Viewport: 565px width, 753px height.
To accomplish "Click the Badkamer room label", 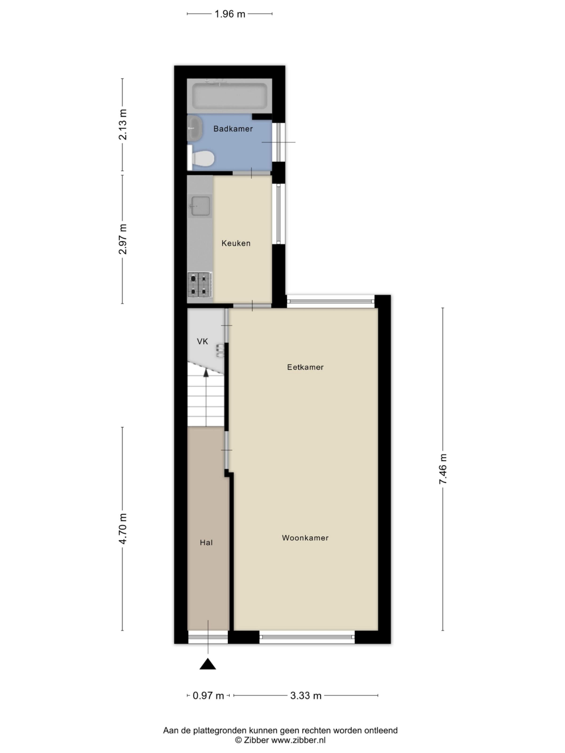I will pyautogui.click(x=233, y=129).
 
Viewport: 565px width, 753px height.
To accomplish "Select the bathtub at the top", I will pyautogui.click(x=230, y=96).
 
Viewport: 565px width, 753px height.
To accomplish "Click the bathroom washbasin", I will pyautogui.click(x=195, y=128).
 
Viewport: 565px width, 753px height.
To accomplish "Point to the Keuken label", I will pyautogui.click(x=236, y=243).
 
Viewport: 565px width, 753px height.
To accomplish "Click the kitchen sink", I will pyautogui.click(x=200, y=206).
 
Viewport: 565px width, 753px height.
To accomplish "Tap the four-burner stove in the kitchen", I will pyautogui.click(x=200, y=284).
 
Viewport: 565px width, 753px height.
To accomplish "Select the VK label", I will pyautogui.click(x=202, y=341).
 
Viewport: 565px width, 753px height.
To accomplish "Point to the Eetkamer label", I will pyautogui.click(x=305, y=367).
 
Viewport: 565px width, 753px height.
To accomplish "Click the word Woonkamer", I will pyautogui.click(x=305, y=538).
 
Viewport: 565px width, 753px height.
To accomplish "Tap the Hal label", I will pyautogui.click(x=206, y=543).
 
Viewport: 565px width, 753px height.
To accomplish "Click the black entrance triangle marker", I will pyautogui.click(x=207, y=664).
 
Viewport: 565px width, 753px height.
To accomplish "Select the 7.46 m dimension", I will pyautogui.click(x=443, y=469).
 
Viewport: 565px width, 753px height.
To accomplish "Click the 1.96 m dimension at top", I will pyautogui.click(x=230, y=14).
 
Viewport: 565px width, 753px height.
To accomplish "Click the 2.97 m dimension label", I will pyautogui.click(x=123, y=239).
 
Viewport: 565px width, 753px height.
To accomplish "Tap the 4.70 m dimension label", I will pyautogui.click(x=123, y=529).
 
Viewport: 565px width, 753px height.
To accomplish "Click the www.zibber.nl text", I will pyautogui.click(x=298, y=740).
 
